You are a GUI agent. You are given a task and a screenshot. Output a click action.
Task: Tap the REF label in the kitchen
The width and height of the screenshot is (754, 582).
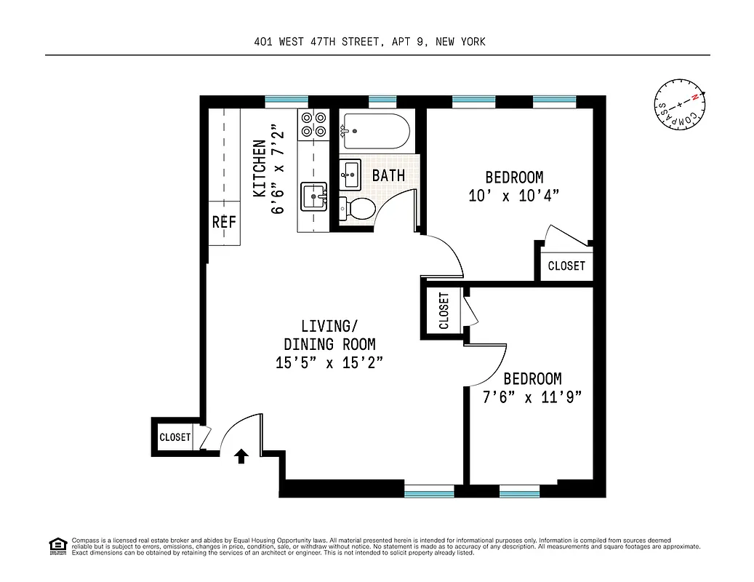tap(224, 223)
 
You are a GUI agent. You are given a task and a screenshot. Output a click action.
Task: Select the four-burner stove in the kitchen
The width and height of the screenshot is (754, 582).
tap(313, 124)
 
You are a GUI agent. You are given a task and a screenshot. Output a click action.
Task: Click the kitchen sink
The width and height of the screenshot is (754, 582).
tap(314, 196)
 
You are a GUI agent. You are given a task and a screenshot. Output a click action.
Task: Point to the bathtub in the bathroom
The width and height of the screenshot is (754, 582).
tap(374, 132)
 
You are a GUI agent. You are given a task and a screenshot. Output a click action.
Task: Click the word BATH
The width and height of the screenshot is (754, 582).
tap(388, 175)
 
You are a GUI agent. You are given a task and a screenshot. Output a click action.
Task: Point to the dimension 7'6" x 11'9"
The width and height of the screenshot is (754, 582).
tap(532, 397)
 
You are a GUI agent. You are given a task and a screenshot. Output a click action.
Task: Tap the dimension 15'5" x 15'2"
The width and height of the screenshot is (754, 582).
tap(329, 363)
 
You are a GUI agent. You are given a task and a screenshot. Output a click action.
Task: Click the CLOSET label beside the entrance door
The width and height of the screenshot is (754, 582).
tap(175, 437)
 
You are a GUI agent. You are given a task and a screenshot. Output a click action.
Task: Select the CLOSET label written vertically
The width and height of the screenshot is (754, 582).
tap(444, 311)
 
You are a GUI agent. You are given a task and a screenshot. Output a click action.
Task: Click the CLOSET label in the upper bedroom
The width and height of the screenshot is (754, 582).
tap(566, 266)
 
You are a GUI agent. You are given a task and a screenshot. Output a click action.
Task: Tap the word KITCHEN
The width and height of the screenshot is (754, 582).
tap(259, 169)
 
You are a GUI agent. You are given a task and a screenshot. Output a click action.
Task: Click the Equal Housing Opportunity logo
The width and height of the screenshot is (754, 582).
tap(56, 545)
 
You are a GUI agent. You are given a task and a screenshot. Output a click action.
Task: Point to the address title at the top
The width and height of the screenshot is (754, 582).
tap(369, 41)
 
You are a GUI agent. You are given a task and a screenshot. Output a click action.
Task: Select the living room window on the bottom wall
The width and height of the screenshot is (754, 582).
tap(429, 493)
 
